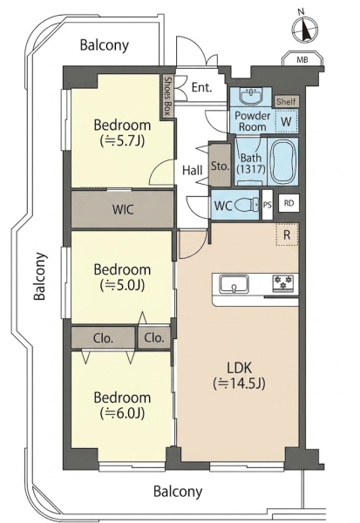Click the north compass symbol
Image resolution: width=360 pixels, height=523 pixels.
point(305,29)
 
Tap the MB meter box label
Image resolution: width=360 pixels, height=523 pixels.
point(302,60)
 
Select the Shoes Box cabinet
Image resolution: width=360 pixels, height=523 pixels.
point(167,97)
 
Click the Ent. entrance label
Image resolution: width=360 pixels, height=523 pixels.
point(202,88)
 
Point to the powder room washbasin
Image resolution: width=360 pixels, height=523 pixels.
point(252,96)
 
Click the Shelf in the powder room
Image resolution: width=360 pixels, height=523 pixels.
point(286,101)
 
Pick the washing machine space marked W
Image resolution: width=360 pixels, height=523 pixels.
point(286,122)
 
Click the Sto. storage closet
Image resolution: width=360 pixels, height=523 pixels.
point(220,165)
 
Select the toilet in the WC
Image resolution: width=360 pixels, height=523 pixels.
point(246,205)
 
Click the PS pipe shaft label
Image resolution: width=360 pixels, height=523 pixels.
point(268,205)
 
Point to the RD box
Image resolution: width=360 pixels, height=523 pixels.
point(289,203)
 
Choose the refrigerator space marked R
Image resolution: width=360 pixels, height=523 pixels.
point(287,234)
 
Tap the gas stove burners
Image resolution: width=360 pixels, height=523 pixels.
point(283,283)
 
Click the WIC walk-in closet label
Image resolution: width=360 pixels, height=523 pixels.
point(123,210)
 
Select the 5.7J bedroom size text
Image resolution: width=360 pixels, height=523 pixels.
point(122,141)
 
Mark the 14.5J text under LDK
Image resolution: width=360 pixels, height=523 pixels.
point(239,384)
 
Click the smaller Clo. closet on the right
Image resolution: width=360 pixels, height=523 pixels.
point(154,338)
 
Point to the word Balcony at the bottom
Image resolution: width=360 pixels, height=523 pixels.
point(178,492)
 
